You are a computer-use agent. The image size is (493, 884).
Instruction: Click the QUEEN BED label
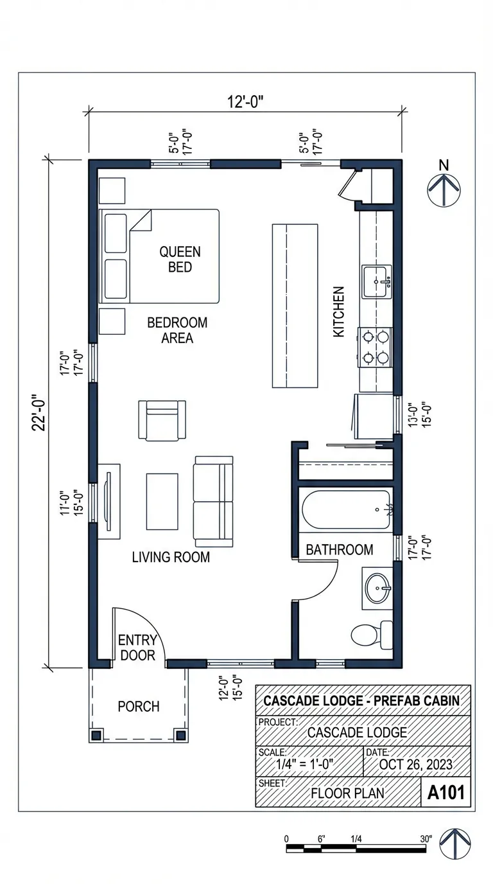tap(180, 259)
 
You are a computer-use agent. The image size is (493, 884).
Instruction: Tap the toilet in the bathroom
tap(372, 634)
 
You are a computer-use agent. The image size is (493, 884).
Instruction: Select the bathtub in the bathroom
tap(347, 510)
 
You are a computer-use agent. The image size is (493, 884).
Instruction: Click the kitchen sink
tap(376, 281)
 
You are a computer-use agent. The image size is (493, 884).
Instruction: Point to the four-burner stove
tap(376, 346)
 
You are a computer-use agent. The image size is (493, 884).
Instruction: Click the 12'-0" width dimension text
tap(245, 101)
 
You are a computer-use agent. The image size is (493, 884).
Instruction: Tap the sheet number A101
tap(445, 792)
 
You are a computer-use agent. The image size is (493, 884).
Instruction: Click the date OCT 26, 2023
tap(415, 765)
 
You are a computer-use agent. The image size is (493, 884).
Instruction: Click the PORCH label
tap(138, 707)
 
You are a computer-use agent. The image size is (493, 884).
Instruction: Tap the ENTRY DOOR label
tap(137, 648)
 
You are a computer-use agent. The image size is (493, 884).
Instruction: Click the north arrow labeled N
tap(443, 191)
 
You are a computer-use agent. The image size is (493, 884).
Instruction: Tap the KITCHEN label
tap(338, 312)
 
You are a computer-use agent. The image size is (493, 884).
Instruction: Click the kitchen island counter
tap(295, 305)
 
